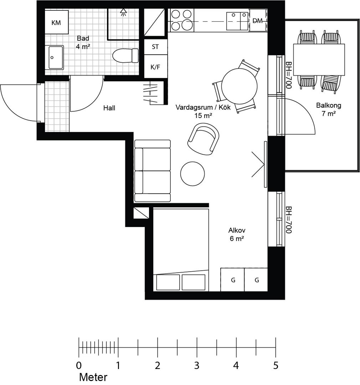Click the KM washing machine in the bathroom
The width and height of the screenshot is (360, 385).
click(56, 22)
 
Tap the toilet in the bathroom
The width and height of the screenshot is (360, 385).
click(125, 56)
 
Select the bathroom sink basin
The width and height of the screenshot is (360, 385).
click(56, 57)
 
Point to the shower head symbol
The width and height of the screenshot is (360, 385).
click(123, 12)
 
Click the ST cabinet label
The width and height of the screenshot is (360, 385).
click(155, 47)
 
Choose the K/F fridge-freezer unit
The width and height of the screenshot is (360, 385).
click(155, 66)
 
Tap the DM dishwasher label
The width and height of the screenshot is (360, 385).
click(257, 21)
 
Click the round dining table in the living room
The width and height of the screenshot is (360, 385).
click(239, 86)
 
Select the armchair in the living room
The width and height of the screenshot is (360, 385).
click(204, 139)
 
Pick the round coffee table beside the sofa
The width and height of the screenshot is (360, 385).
click(192, 174)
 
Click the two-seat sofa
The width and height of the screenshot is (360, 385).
click(153, 171)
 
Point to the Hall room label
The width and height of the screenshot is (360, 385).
click(109, 108)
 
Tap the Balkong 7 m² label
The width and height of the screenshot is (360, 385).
click(329, 109)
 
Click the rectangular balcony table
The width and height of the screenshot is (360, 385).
click(319, 60)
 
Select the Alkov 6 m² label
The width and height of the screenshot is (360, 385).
click(237, 235)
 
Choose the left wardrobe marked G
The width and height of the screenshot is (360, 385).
click(232, 280)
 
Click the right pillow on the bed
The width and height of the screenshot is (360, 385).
click(194, 282)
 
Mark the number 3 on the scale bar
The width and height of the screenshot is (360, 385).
click(197, 366)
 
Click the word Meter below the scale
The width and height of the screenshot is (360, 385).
click(93, 377)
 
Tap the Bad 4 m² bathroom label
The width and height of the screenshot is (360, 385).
click(83, 42)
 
